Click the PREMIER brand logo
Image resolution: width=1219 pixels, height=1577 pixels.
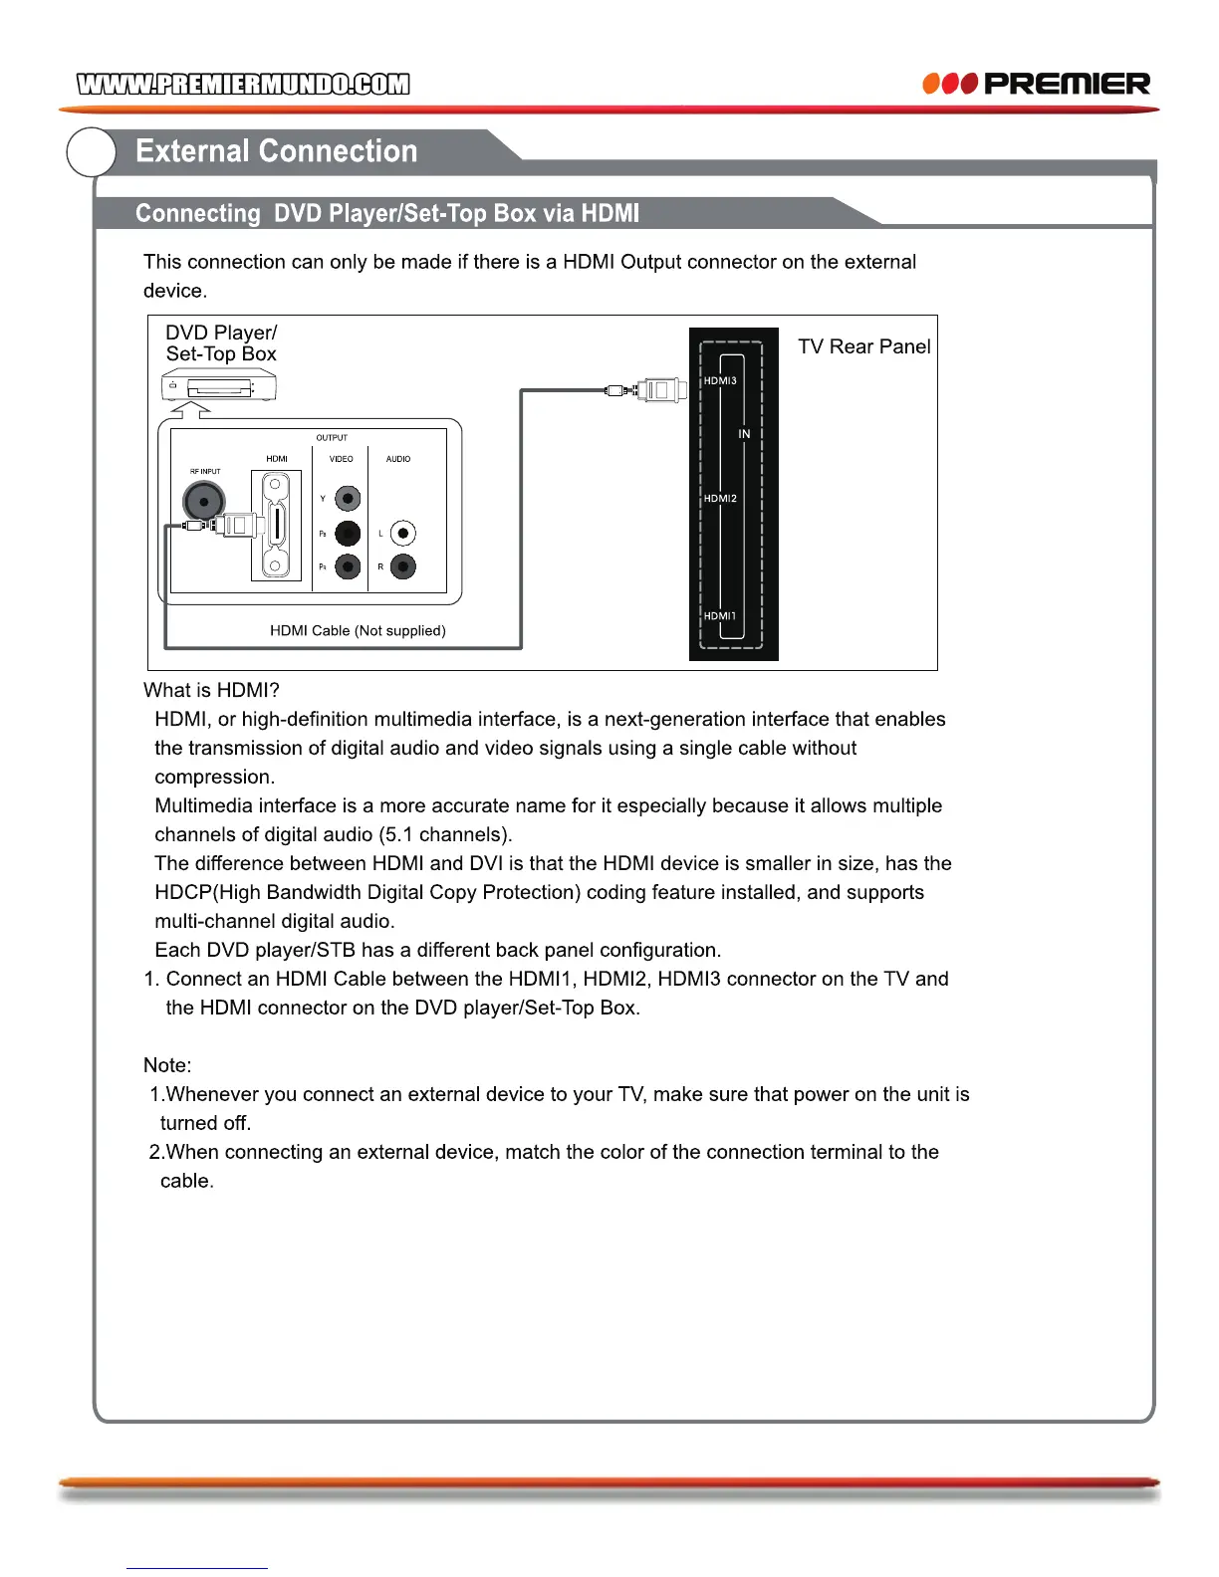[x=1037, y=84]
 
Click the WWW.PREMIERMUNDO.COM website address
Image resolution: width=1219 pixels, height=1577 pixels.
[x=243, y=84]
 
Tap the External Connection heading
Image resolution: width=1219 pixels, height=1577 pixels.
[x=276, y=151]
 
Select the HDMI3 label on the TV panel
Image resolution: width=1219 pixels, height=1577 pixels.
[x=720, y=380]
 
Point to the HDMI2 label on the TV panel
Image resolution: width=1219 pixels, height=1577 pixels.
[x=720, y=498]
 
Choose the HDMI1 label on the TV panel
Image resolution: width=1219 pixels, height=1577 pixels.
[x=720, y=615]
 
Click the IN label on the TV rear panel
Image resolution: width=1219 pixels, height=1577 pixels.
[x=744, y=434]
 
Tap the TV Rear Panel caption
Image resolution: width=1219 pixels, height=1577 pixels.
[x=863, y=346]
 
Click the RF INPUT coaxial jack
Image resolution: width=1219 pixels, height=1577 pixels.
[x=203, y=500]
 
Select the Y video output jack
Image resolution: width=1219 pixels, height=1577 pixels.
[x=348, y=498]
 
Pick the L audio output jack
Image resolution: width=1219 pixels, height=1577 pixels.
[x=402, y=534]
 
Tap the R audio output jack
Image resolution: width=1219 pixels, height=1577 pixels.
[x=402, y=567]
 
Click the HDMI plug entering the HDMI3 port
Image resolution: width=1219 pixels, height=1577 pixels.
[x=659, y=390]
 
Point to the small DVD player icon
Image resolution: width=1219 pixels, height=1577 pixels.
[x=218, y=386]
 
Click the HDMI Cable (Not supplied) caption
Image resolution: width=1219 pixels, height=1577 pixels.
[x=358, y=630]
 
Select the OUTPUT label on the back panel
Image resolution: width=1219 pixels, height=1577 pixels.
[x=332, y=438]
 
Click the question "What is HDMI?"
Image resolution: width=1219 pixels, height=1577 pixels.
[x=211, y=690]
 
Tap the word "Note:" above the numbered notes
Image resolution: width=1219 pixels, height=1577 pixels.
[x=167, y=1065]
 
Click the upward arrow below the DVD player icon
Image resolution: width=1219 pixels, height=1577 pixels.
[x=190, y=409]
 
